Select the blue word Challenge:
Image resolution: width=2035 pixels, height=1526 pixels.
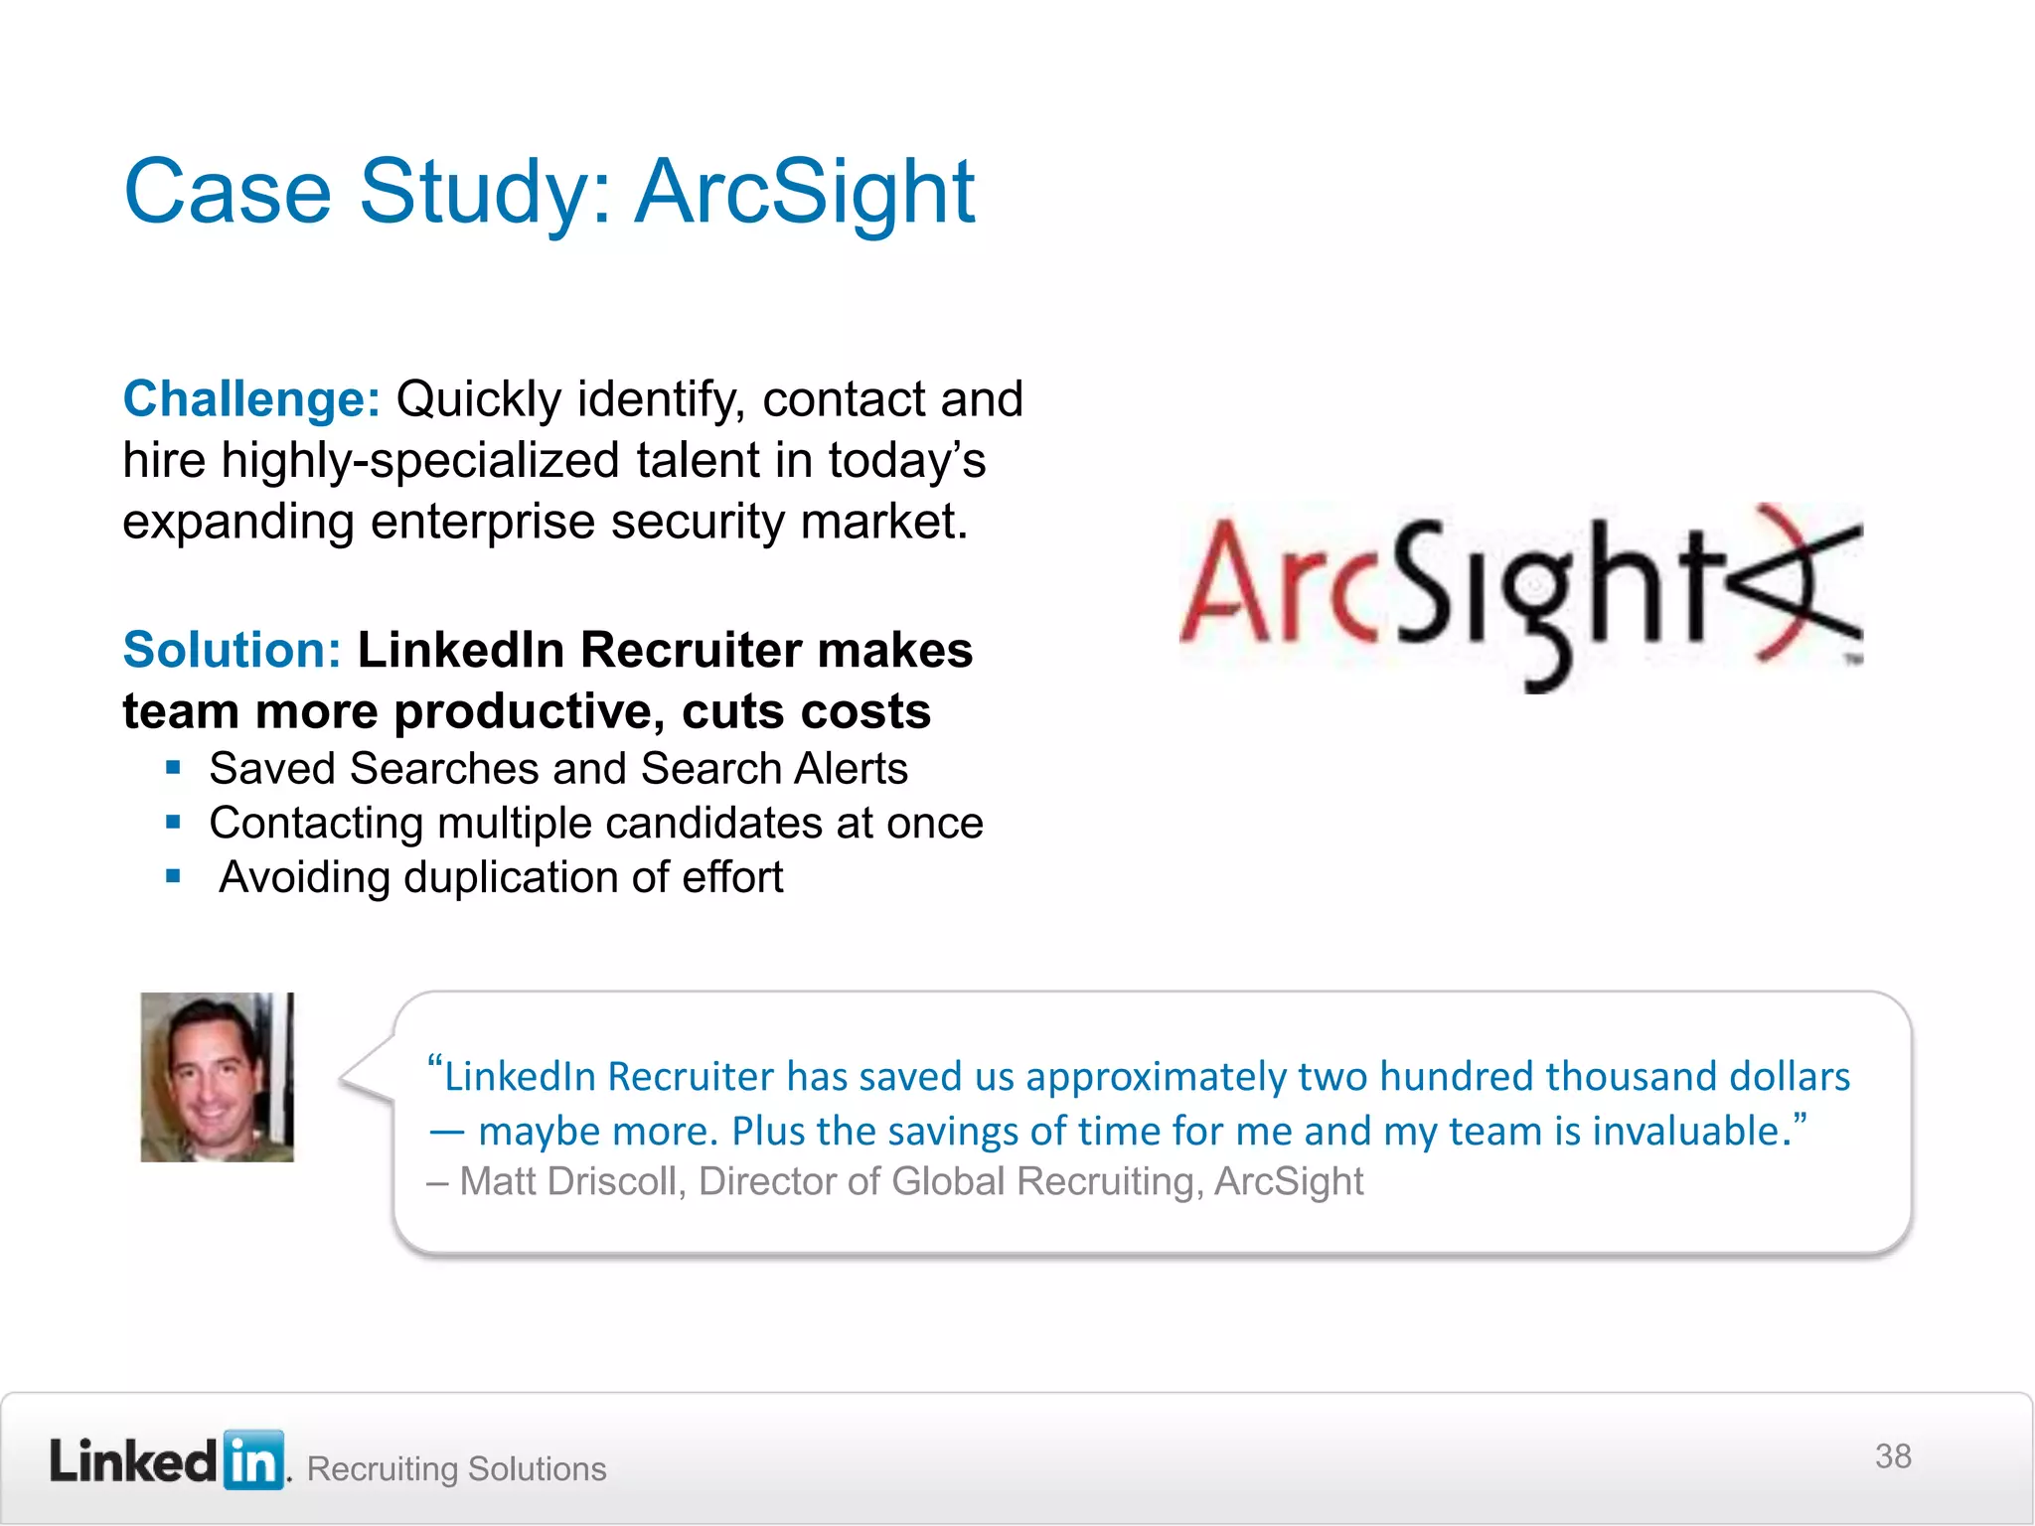tap(251, 399)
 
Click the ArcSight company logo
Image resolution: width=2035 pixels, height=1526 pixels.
tap(1520, 596)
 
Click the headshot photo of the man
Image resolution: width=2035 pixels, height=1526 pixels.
tap(217, 1077)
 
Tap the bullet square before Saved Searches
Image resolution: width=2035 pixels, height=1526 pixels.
tap(174, 768)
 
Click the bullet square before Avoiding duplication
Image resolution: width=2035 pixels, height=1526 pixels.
tap(174, 876)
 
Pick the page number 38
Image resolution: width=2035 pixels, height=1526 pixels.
tap(1892, 1456)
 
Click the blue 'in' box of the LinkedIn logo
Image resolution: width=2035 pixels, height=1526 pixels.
tap(254, 1460)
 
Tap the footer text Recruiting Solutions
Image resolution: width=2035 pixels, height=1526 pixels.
tap(456, 1468)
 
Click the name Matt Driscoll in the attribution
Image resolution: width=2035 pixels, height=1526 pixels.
tap(567, 1181)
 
